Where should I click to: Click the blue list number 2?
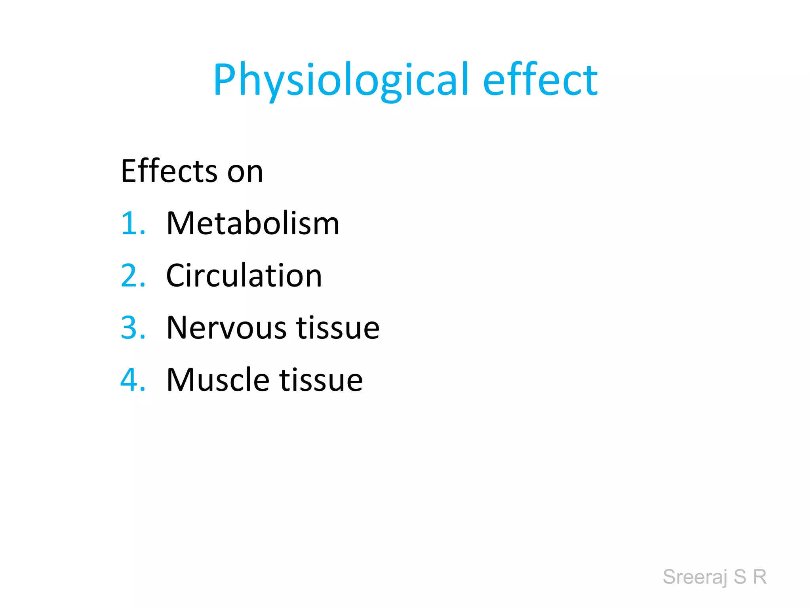coord(133,276)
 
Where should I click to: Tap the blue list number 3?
coord(133,328)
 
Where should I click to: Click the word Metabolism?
coord(253,224)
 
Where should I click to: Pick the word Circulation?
coord(244,276)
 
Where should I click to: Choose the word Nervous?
coord(227,328)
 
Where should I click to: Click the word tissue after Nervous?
coord(338,328)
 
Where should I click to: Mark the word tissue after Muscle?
coord(321,380)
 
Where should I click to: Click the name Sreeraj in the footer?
coord(695,577)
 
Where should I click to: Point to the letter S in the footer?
coord(740,577)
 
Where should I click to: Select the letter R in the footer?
coord(760,577)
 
